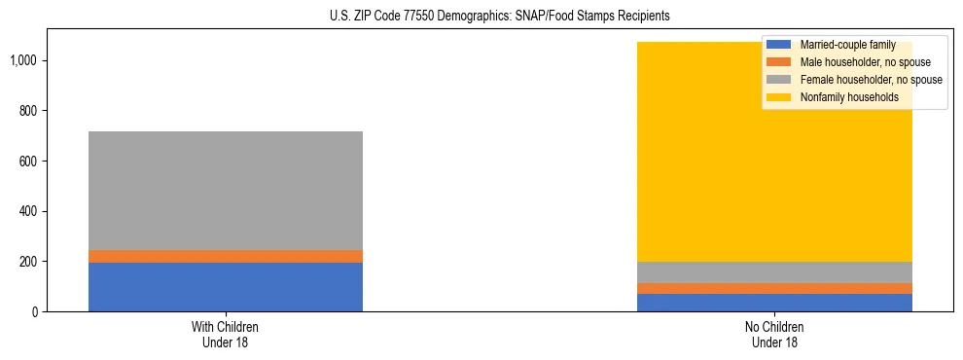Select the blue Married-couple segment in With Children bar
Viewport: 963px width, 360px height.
click(226, 287)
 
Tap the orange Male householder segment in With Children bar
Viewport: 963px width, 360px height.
click(226, 256)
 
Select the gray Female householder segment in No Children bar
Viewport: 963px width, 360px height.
click(775, 272)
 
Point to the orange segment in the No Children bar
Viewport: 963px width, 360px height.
click(775, 288)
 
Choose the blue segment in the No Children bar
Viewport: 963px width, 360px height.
click(775, 303)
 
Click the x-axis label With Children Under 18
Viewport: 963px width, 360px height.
click(226, 334)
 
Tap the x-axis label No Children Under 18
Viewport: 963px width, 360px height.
click(775, 334)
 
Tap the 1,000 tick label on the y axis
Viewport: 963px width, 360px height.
click(22, 60)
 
